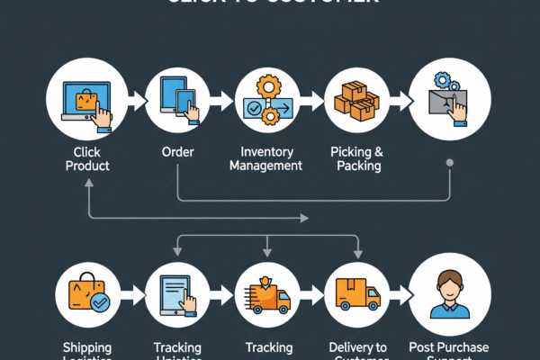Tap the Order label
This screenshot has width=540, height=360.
178,151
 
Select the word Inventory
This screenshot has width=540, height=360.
268,151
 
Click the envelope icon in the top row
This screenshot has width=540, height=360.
448,101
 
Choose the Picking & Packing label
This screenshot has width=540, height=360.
355,158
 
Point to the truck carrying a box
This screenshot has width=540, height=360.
357,293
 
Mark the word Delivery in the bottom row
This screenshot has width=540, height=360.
345,347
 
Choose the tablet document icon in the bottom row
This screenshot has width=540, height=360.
178,293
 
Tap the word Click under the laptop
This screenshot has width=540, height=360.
86,151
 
